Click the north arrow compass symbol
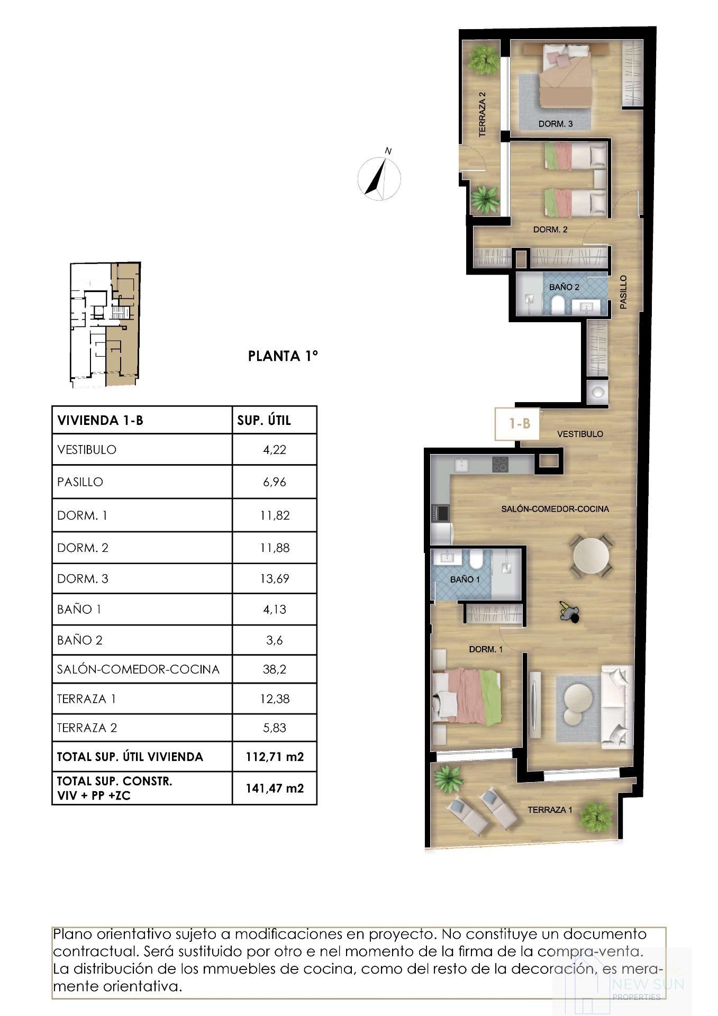(379, 178)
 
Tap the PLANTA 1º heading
(283, 356)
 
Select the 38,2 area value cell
(274, 669)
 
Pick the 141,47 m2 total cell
(274, 788)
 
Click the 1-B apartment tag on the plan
(519, 423)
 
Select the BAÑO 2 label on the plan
(564, 287)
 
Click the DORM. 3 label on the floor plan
(556, 124)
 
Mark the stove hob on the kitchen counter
(500, 464)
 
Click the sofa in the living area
(617, 706)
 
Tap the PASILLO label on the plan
(623, 292)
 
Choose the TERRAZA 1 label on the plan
(550, 810)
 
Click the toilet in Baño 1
(475, 559)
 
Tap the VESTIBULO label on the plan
(580, 434)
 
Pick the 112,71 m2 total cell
(274, 757)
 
